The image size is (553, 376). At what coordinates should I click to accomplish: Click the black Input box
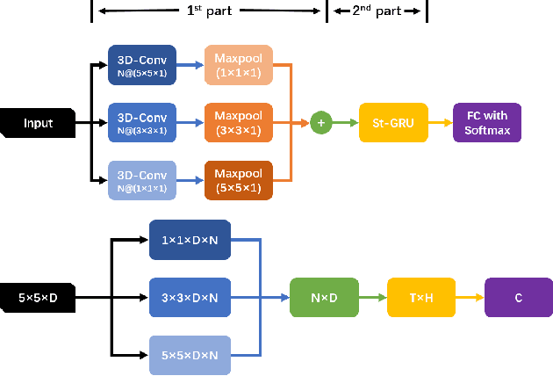point(38,123)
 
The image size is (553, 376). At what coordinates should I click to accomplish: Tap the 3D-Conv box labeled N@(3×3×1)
point(141,123)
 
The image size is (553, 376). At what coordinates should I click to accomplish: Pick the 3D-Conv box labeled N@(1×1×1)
point(141,180)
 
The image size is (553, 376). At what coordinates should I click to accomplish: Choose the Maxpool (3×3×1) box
point(238,123)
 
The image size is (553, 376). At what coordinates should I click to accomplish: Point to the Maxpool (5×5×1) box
point(238,180)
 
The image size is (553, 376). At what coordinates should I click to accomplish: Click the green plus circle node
point(320,123)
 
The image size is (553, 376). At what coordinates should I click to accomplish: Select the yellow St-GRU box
point(392,123)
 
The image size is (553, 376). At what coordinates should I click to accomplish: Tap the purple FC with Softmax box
point(486,123)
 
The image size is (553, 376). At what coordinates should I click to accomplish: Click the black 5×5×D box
point(38,299)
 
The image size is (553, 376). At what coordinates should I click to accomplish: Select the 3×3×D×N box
point(190,299)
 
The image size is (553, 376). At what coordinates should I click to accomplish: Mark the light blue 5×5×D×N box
point(190,356)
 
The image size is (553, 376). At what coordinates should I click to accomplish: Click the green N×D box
point(324,299)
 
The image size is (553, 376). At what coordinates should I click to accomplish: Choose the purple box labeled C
point(518,299)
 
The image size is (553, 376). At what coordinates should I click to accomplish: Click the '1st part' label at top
point(208,11)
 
